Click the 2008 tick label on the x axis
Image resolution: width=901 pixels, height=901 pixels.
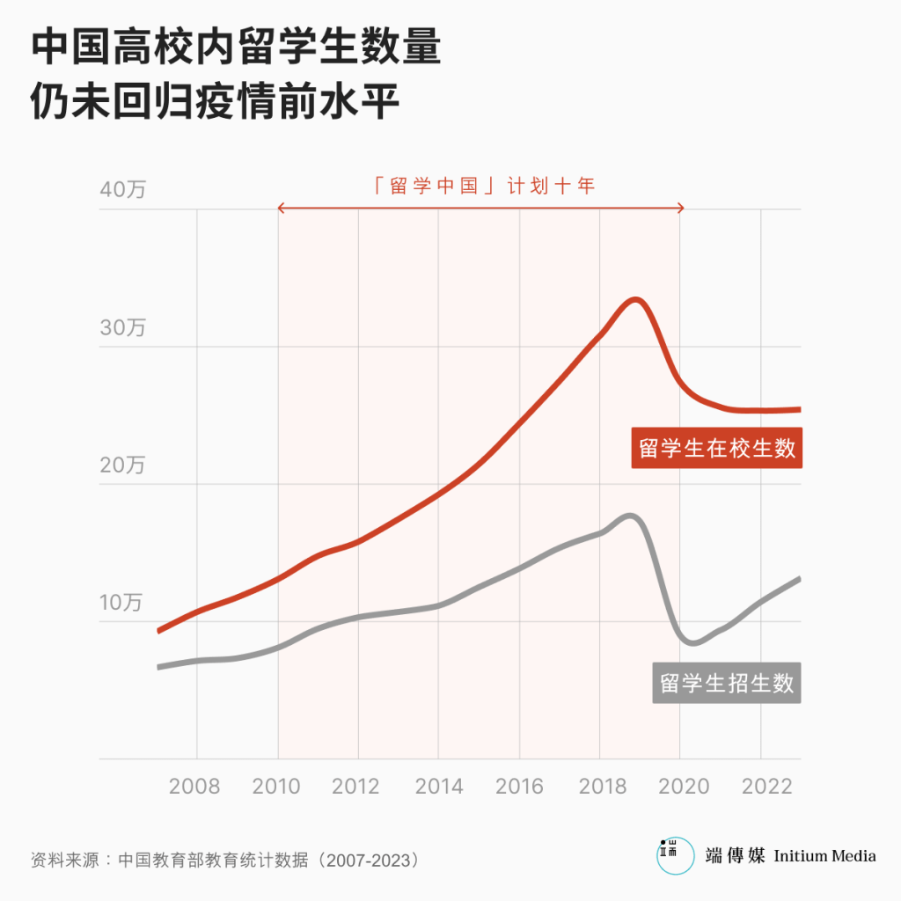pos(194,786)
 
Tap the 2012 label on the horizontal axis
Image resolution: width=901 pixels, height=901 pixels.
pos(356,786)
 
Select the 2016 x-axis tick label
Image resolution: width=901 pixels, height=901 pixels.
pos(518,786)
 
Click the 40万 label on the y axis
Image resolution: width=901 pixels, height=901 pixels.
pos(122,190)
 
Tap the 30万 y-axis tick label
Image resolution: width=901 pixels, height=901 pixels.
pos(122,328)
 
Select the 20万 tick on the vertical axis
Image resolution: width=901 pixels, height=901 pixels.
pos(122,465)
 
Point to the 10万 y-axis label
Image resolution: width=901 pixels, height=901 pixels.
pos(121,603)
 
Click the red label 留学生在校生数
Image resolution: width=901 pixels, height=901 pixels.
pos(717,448)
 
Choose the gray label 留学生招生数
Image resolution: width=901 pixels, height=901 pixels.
pos(727,683)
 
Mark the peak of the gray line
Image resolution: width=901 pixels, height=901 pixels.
pos(631,516)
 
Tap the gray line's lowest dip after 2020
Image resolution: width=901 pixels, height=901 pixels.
pos(693,643)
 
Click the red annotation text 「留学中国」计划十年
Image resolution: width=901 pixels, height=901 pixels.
pos(483,186)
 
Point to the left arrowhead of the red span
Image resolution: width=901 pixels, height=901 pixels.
pos(281,209)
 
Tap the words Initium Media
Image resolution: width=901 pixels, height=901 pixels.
pos(824,855)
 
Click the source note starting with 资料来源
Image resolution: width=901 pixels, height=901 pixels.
pos(224,859)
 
